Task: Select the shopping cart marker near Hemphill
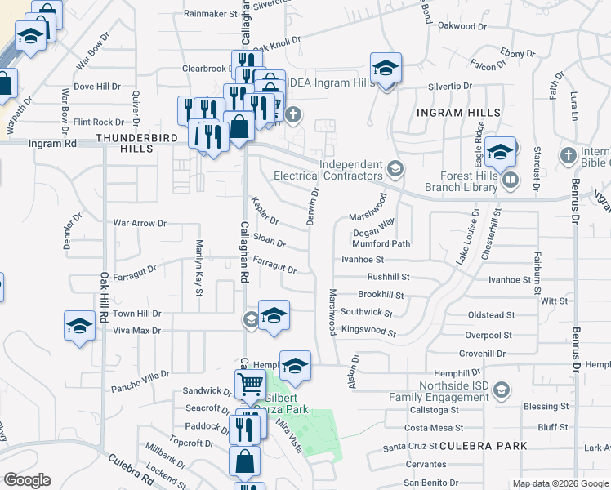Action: coord(249,382)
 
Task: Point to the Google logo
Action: coord(27,480)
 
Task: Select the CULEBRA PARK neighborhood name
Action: coord(483,446)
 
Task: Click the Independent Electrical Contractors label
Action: coord(333,170)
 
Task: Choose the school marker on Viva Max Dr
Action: coord(79,325)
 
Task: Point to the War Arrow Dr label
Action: coord(140,222)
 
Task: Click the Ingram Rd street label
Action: coord(51,143)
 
